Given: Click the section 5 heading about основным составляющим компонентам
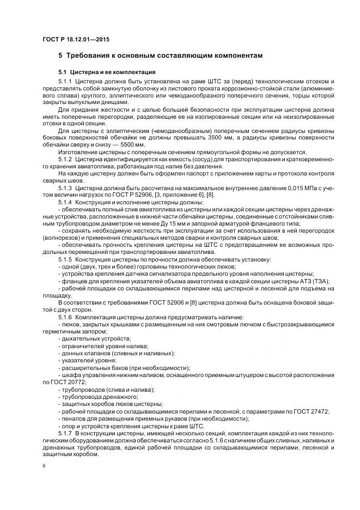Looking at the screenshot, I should tap(161, 56).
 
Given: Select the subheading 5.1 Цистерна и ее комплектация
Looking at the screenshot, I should tap(107, 72).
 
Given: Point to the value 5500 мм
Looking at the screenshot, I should tap(129, 145).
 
